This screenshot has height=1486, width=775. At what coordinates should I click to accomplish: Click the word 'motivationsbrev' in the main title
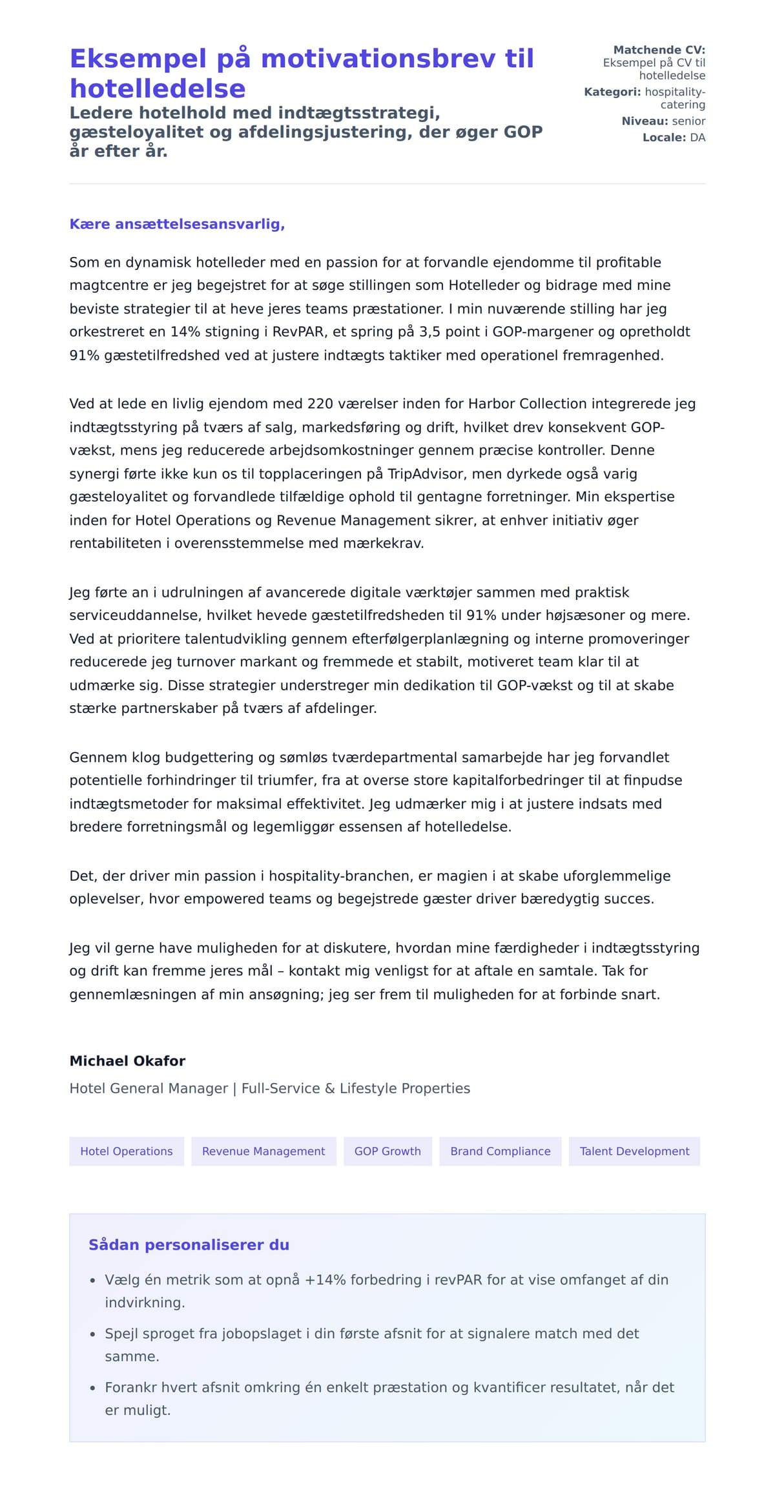379,59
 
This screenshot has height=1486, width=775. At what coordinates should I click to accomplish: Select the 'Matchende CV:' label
659,50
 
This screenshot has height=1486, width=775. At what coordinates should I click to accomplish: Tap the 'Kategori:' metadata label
612,92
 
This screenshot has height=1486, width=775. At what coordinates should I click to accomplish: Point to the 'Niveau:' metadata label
645,121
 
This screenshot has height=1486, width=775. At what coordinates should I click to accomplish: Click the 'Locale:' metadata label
664,138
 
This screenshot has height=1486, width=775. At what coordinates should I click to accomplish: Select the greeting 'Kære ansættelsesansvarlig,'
177,224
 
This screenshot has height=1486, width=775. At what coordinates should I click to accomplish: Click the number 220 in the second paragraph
320,404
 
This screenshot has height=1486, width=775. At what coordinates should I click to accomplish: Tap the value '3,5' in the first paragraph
430,332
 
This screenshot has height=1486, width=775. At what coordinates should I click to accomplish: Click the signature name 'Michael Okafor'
127,1061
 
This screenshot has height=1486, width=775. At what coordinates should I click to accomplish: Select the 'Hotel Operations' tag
127,1151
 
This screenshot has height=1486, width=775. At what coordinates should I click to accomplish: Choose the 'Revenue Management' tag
263,1151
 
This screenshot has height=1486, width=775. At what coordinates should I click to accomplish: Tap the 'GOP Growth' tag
387,1151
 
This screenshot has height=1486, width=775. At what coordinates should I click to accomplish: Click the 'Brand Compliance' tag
501,1151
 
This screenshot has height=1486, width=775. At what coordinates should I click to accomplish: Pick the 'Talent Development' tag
634,1151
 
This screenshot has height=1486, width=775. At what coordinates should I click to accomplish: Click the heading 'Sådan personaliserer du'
189,1245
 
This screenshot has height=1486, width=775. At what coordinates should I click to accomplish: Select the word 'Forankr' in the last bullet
130,1387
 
